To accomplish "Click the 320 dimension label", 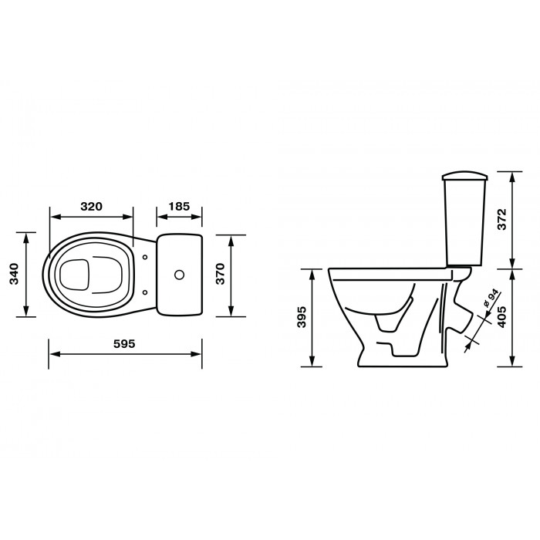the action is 92,207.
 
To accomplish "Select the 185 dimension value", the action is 179,207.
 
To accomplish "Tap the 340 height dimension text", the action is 14,274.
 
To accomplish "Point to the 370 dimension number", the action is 220,274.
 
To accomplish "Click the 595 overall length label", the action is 125,344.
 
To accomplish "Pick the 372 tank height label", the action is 502,219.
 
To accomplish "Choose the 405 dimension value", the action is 502,316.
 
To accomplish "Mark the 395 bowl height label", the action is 302,316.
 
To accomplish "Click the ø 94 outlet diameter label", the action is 491,298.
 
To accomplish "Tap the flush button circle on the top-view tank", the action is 179,275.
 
